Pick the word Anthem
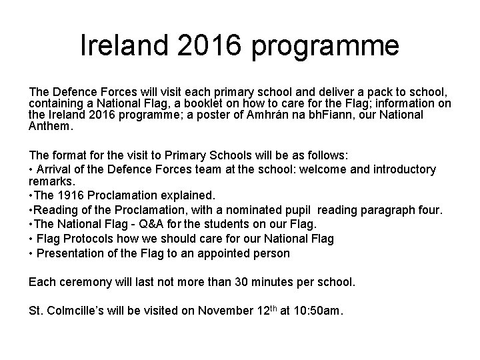tap(51, 126)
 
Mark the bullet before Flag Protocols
tap(31, 238)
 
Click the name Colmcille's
tap(83, 310)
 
